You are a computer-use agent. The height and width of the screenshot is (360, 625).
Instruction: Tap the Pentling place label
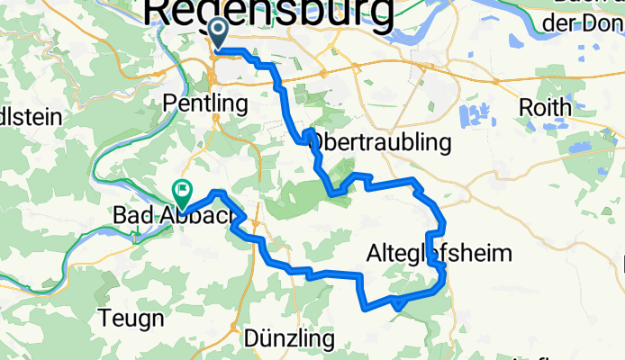click(204, 103)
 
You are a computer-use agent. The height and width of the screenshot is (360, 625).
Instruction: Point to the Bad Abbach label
click(175, 216)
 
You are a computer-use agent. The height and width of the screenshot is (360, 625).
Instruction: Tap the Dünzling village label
click(290, 339)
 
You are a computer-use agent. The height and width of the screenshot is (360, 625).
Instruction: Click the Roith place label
click(545, 107)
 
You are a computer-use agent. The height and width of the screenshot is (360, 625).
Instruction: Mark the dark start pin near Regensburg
click(218, 32)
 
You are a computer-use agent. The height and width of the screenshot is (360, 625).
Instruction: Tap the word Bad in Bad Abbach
click(131, 216)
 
